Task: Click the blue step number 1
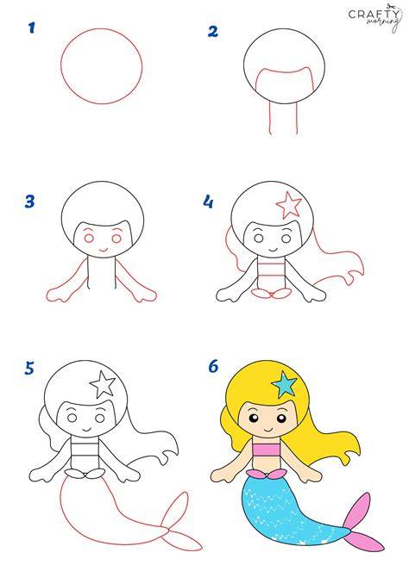tap(32, 28)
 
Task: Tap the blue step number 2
tap(213, 31)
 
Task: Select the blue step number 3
tap(29, 202)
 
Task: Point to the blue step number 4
tap(208, 202)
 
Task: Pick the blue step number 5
tap(29, 368)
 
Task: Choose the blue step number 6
tap(213, 366)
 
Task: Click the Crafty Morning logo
tap(374, 17)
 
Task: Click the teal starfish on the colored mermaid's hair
tap(285, 384)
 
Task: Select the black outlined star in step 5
tap(103, 384)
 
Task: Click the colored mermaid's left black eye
tap(254, 418)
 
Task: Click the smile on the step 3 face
tap(104, 250)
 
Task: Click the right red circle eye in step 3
tap(116, 239)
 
